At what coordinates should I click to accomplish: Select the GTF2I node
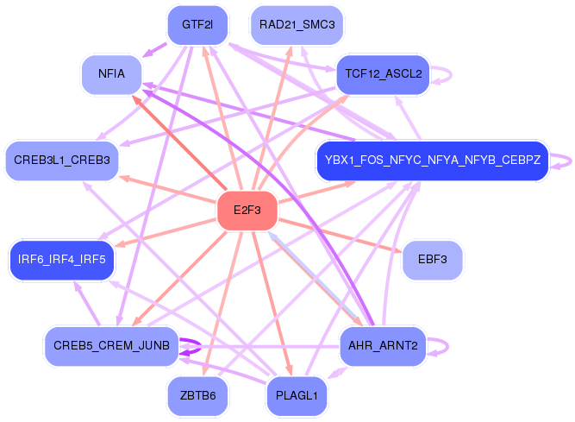click(197, 24)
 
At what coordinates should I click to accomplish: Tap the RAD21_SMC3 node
click(297, 24)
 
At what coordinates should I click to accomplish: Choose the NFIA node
click(111, 74)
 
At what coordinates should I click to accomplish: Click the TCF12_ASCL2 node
click(383, 74)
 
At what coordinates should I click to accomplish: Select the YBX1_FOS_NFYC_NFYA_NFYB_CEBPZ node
click(432, 160)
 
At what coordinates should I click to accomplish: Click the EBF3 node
click(432, 259)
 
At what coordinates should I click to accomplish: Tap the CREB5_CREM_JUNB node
click(111, 346)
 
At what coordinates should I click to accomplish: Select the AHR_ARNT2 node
click(383, 346)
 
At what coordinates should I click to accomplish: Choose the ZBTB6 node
click(197, 396)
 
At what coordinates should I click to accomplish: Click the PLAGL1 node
click(297, 396)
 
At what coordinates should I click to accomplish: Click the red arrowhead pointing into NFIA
click(135, 98)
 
